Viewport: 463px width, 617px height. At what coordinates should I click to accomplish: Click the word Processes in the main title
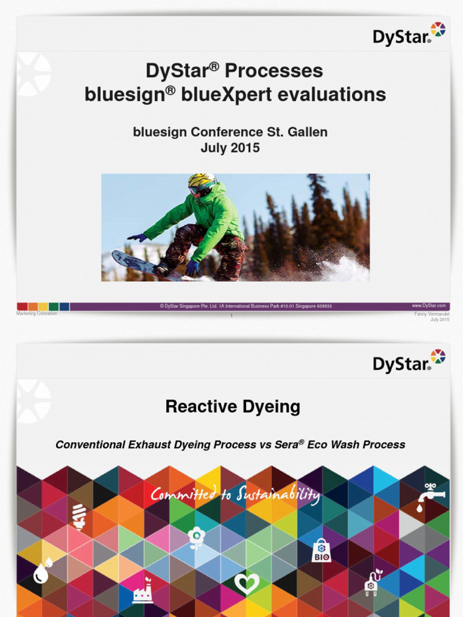pyautogui.click(x=274, y=70)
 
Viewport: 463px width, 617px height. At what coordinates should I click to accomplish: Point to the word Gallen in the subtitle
pyautogui.click(x=307, y=132)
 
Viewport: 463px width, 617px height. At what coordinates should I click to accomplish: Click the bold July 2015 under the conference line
pyautogui.click(x=230, y=148)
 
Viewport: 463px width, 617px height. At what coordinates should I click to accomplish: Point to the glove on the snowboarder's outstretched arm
pyautogui.click(x=137, y=237)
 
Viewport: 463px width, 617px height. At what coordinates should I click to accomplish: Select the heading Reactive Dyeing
pyautogui.click(x=233, y=407)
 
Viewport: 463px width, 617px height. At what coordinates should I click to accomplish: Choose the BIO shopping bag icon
pyautogui.click(x=321, y=550)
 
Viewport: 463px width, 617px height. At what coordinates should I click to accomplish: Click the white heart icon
pyautogui.click(x=246, y=583)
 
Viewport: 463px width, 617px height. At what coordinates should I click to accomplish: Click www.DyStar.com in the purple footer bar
pyautogui.click(x=429, y=306)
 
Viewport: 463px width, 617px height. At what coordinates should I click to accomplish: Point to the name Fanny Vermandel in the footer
pyautogui.click(x=432, y=314)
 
